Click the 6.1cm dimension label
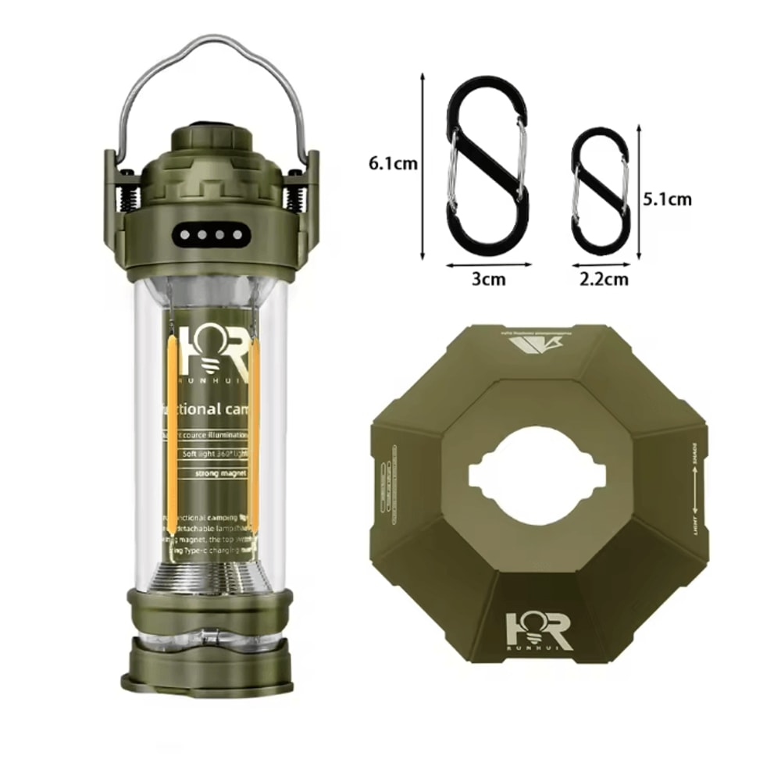tap(392, 164)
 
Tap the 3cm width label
tap(489, 279)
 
